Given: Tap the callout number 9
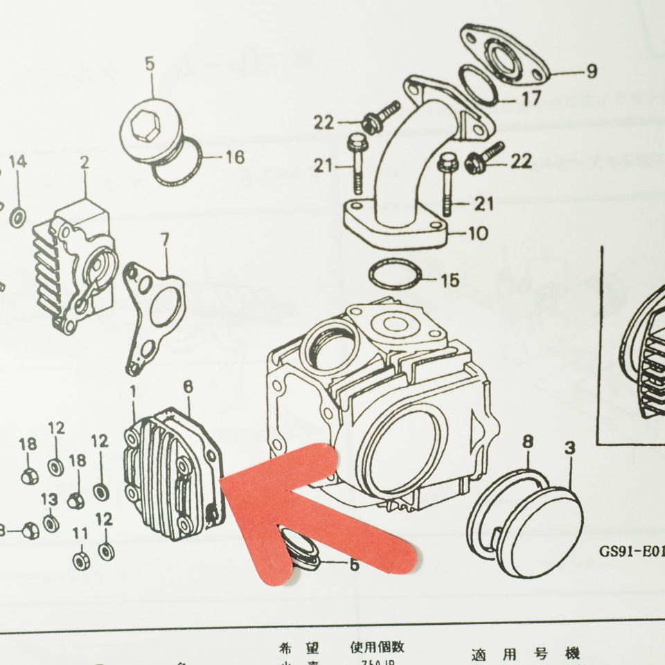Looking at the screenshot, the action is [591, 71].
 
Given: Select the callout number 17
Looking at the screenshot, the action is [531, 99].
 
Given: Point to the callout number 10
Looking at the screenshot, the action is [477, 233].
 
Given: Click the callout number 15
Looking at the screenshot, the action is [450, 281].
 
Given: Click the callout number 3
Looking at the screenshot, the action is [569, 448].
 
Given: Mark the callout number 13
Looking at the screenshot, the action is [49, 499].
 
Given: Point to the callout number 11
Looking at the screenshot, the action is [80, 533].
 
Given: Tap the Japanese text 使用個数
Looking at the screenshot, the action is [377, 648].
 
